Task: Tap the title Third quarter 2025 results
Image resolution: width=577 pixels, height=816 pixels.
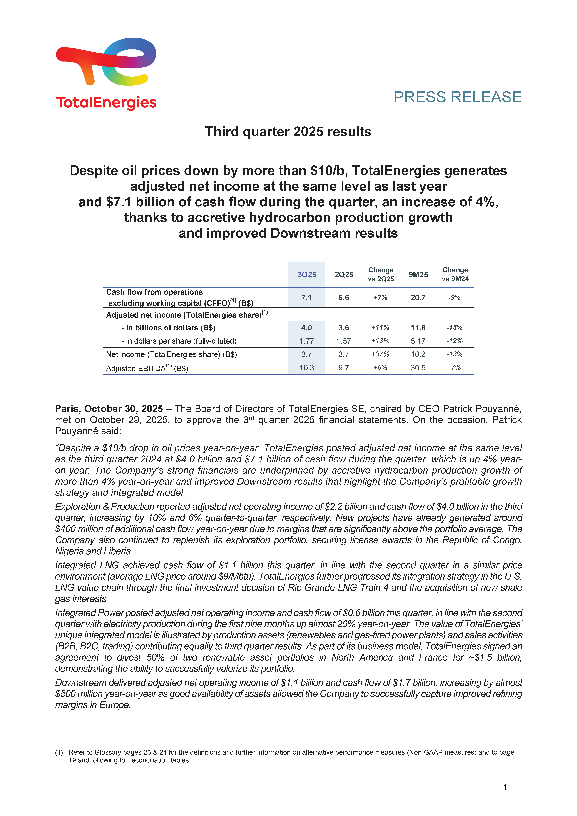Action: pos(288,132)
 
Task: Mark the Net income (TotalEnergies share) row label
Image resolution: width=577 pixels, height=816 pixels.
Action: pos(171,354)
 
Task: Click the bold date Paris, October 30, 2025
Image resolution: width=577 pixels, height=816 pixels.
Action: pos(109,409)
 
